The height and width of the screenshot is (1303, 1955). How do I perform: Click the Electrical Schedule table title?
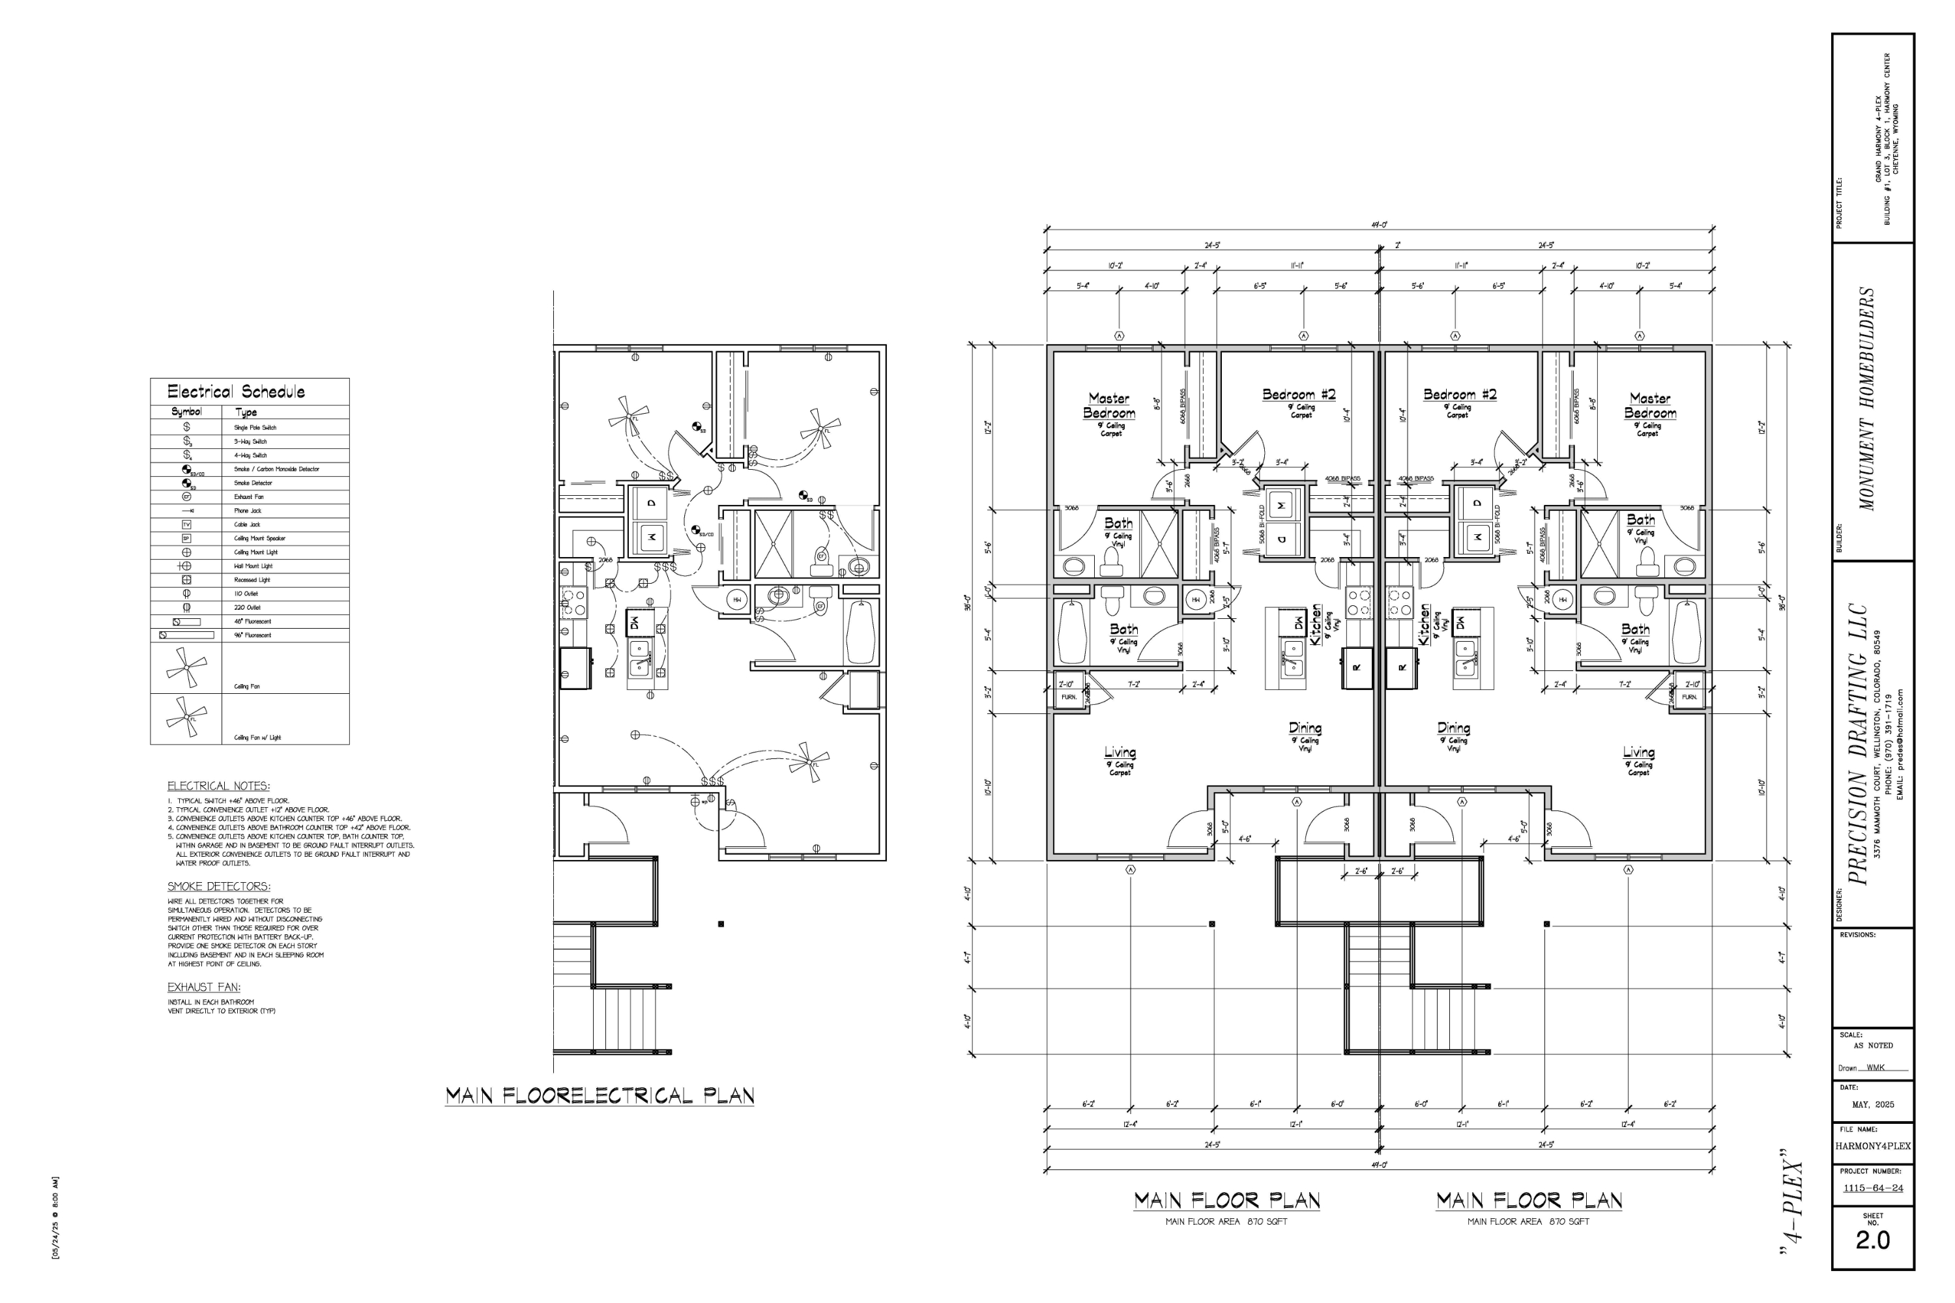(x=236, y=392)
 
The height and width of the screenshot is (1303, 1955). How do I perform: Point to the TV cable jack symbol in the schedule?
(x=186, y=524)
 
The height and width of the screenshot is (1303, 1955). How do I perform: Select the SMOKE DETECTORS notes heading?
(x=218, y=887)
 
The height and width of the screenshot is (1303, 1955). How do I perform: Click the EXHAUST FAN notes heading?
(x=203, y=987)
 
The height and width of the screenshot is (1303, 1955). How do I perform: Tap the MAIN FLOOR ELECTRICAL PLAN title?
(x=600, y=1096)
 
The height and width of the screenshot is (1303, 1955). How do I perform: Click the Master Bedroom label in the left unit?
(x=1109, y=405)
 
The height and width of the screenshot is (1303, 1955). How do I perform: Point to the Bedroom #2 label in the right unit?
(x=1460, y=395)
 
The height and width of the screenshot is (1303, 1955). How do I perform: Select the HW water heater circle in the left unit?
(x=1196, y=599)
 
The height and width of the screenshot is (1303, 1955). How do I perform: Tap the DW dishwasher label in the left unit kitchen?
(x=1297, y=622)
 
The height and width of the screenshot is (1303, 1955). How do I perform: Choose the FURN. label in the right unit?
(x=1690, y=697)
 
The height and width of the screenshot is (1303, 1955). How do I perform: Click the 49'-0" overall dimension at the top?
(x=1379, y=225)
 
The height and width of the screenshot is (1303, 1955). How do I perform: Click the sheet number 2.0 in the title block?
(x=1873, y=1240)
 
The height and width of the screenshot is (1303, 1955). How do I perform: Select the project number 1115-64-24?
(x=1873, y=1188)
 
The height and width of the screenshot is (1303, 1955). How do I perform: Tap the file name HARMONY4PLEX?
(x=1873, y=1146)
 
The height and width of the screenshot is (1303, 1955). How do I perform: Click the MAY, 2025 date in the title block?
(x=1873, y=1104)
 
